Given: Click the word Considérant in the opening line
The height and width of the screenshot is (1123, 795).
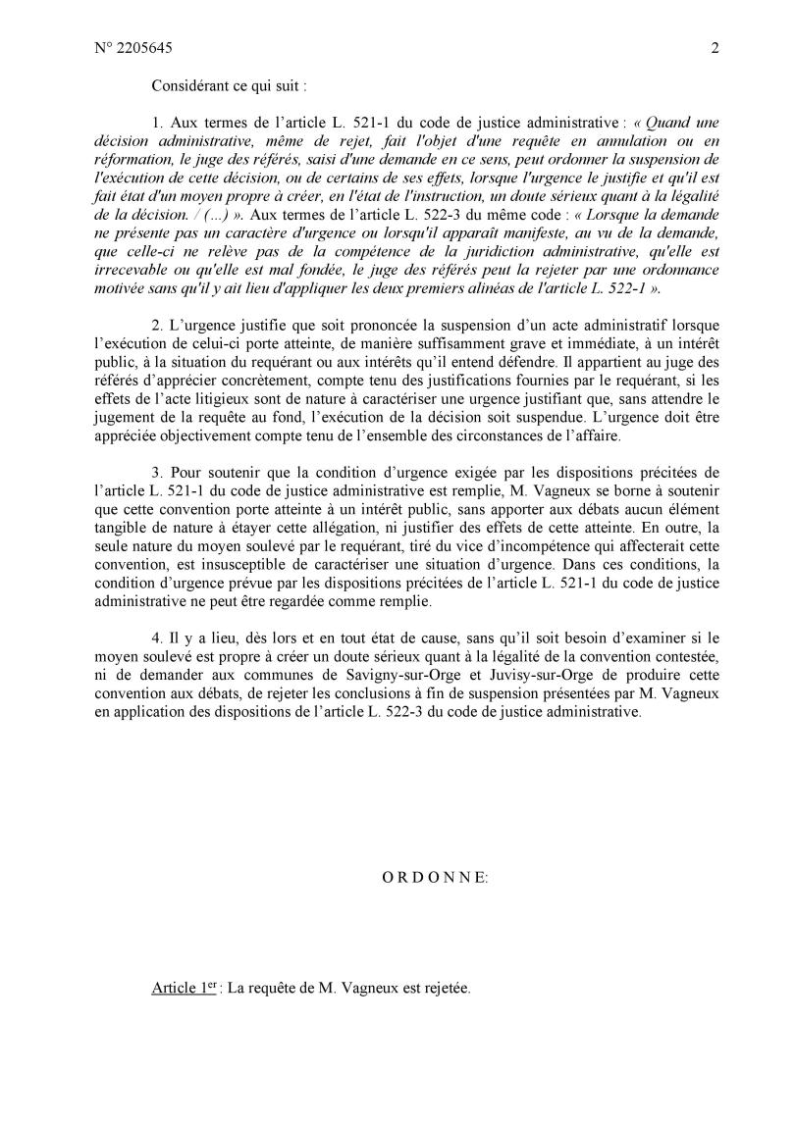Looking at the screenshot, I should click(x=189, y=85).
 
